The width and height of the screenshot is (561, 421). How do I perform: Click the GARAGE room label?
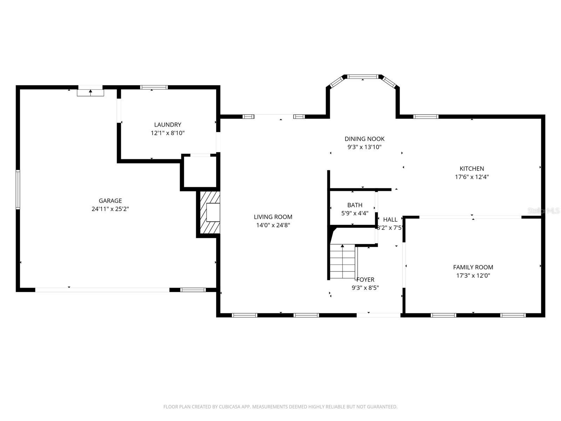(x=110, y=201)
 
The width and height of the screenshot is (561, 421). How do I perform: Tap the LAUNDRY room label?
(x=167, y=125)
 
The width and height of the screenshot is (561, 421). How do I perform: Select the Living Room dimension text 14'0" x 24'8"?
(x=273, y=225)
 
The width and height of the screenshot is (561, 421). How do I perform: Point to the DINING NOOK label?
(x=364, y=139)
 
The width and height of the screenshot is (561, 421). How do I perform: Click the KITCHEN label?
(x=472, y=168)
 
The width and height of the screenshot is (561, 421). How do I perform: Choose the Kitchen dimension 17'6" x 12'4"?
(x=472, y=177)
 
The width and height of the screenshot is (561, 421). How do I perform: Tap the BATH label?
(x=355, y=205)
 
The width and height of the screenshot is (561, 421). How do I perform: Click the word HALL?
(x=390, y=220)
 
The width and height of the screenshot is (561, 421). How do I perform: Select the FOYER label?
(x=365, y=279)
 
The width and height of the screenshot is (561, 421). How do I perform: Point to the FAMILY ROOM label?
(x=473, y=267)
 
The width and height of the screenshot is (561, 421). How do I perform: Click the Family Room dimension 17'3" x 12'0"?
(x=473, y=275)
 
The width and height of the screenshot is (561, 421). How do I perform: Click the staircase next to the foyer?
(x=343, y=261)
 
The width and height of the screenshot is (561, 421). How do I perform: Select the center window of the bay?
(x=363, y=76)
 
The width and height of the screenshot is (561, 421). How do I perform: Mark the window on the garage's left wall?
(x=18, y=189)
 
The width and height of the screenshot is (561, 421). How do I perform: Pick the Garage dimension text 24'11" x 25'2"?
(x=110, y=209)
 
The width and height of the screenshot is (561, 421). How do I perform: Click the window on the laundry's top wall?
(x=154, y=87)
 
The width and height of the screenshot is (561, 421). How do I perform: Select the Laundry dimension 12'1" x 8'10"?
(x=167, y=133)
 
